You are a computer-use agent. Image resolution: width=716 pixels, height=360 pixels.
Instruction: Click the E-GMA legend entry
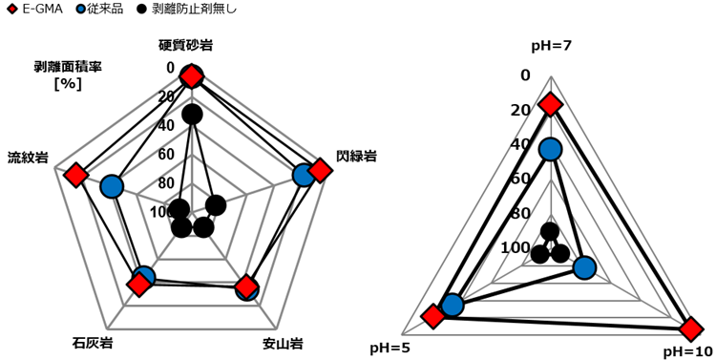[x=35, y=9]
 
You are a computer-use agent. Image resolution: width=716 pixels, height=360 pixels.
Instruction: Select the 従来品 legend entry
[x=99, y=9]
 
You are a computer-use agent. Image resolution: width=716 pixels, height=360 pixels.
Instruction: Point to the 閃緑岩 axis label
[x=356, y=157]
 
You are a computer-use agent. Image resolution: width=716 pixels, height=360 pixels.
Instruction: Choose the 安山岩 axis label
[x=283, y=343]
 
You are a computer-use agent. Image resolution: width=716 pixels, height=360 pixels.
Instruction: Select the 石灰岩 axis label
[x=93, y=343]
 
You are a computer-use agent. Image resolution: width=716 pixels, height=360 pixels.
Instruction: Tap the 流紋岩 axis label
[x=29, y=159]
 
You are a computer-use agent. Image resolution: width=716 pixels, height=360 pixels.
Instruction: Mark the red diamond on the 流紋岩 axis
[x=76, y=175]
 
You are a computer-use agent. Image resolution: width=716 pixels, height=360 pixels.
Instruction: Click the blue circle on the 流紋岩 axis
[x=112, y=187]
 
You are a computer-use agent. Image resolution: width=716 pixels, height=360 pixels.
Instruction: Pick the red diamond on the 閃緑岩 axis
[x=320, y=170]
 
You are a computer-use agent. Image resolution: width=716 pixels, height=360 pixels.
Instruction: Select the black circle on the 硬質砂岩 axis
[x=192, y=115]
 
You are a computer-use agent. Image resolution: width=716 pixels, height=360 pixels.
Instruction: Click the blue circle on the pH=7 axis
[x=550, y=150]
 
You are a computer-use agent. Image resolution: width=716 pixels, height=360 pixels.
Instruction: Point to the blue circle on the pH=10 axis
[x=584, y=268]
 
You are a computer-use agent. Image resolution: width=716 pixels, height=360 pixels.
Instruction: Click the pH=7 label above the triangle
[x=552, y=46]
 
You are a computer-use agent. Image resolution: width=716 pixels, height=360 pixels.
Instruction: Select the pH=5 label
[x=390, y=348]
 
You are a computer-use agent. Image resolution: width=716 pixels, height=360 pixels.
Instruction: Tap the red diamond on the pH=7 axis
[x=550, y=106]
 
